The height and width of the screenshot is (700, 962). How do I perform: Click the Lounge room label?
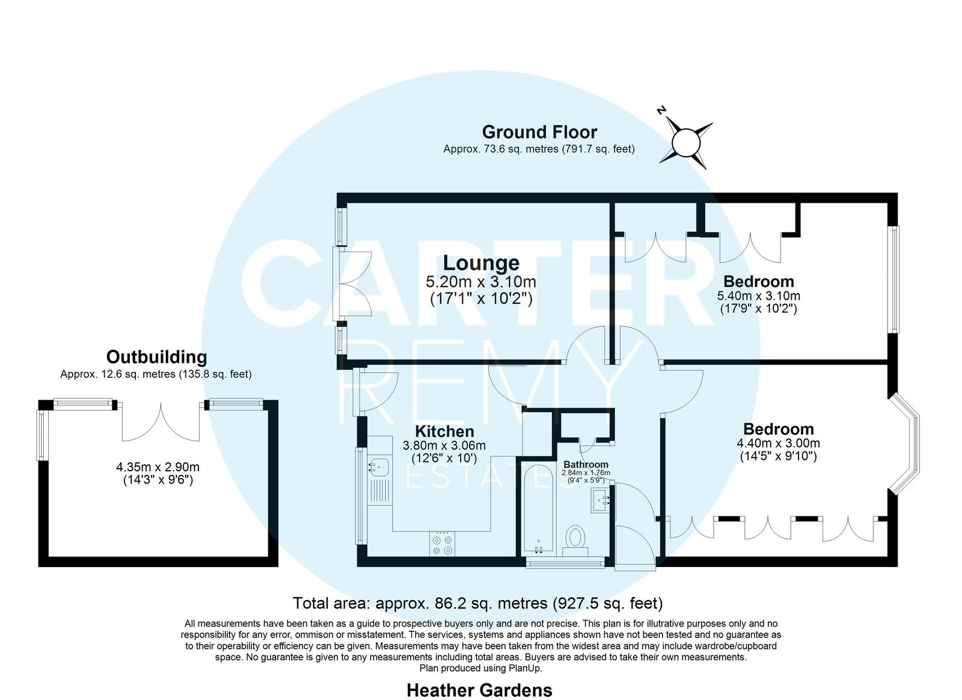pos(481,262)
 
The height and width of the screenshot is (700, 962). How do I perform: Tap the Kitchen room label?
pos(444,432)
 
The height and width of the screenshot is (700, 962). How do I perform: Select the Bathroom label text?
pos(586,465)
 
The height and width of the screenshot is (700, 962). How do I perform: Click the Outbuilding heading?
pos(156,357)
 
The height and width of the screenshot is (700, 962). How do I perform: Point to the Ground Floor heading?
pos(539,132)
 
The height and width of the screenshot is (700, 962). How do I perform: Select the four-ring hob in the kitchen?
pos(443,544)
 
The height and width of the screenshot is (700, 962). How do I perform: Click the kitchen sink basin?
pos(379,468)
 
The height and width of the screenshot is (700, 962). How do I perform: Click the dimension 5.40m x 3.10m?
pos(758,296)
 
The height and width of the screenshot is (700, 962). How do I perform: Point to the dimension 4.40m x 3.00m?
pos(778,444)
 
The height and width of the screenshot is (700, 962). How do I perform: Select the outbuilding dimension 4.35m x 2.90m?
pos(158,467)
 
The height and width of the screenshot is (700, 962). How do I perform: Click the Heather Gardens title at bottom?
pos(479,690)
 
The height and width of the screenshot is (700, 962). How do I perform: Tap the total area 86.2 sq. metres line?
pos(477,603)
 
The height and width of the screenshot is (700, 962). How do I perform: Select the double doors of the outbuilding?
pos(161,423)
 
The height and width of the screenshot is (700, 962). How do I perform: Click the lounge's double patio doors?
pos(352,283)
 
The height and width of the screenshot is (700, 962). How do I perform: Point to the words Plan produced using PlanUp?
pos(480,668)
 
